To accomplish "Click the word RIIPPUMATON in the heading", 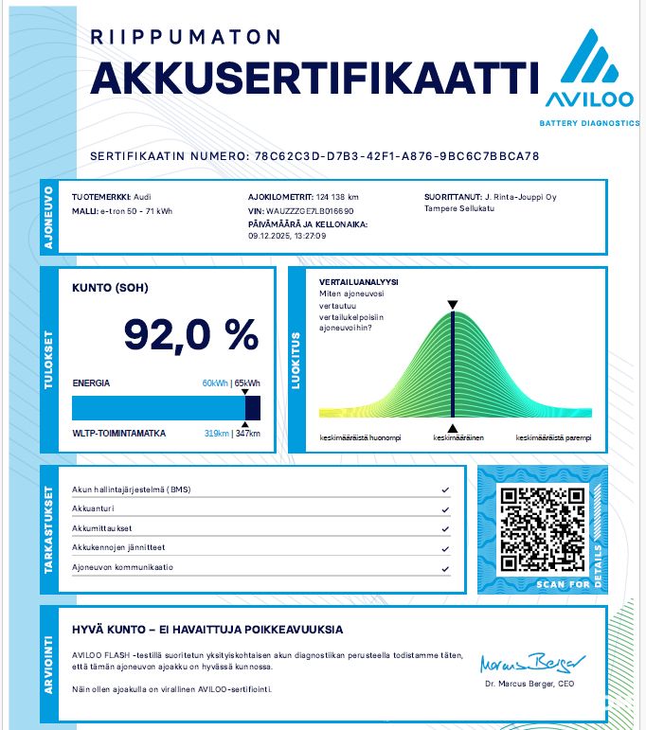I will click(186, 37).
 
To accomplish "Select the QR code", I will click(542, 528).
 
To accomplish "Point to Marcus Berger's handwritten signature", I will click(531, 660).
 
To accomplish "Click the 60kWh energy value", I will click(215, 383).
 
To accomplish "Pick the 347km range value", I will click(248, 434).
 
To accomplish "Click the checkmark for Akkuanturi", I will click(444, 509).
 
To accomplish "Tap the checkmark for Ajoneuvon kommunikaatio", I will click(444, 568).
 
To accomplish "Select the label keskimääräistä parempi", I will click(553, 438).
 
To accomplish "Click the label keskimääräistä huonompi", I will click(361, 438).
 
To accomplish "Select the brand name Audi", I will click(129, 197).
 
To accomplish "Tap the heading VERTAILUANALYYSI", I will click(358, 282).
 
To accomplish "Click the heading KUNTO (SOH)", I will click(111, 287).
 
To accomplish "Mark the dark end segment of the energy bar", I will click(253, 408).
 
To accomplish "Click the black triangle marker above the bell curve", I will click(453, 305).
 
